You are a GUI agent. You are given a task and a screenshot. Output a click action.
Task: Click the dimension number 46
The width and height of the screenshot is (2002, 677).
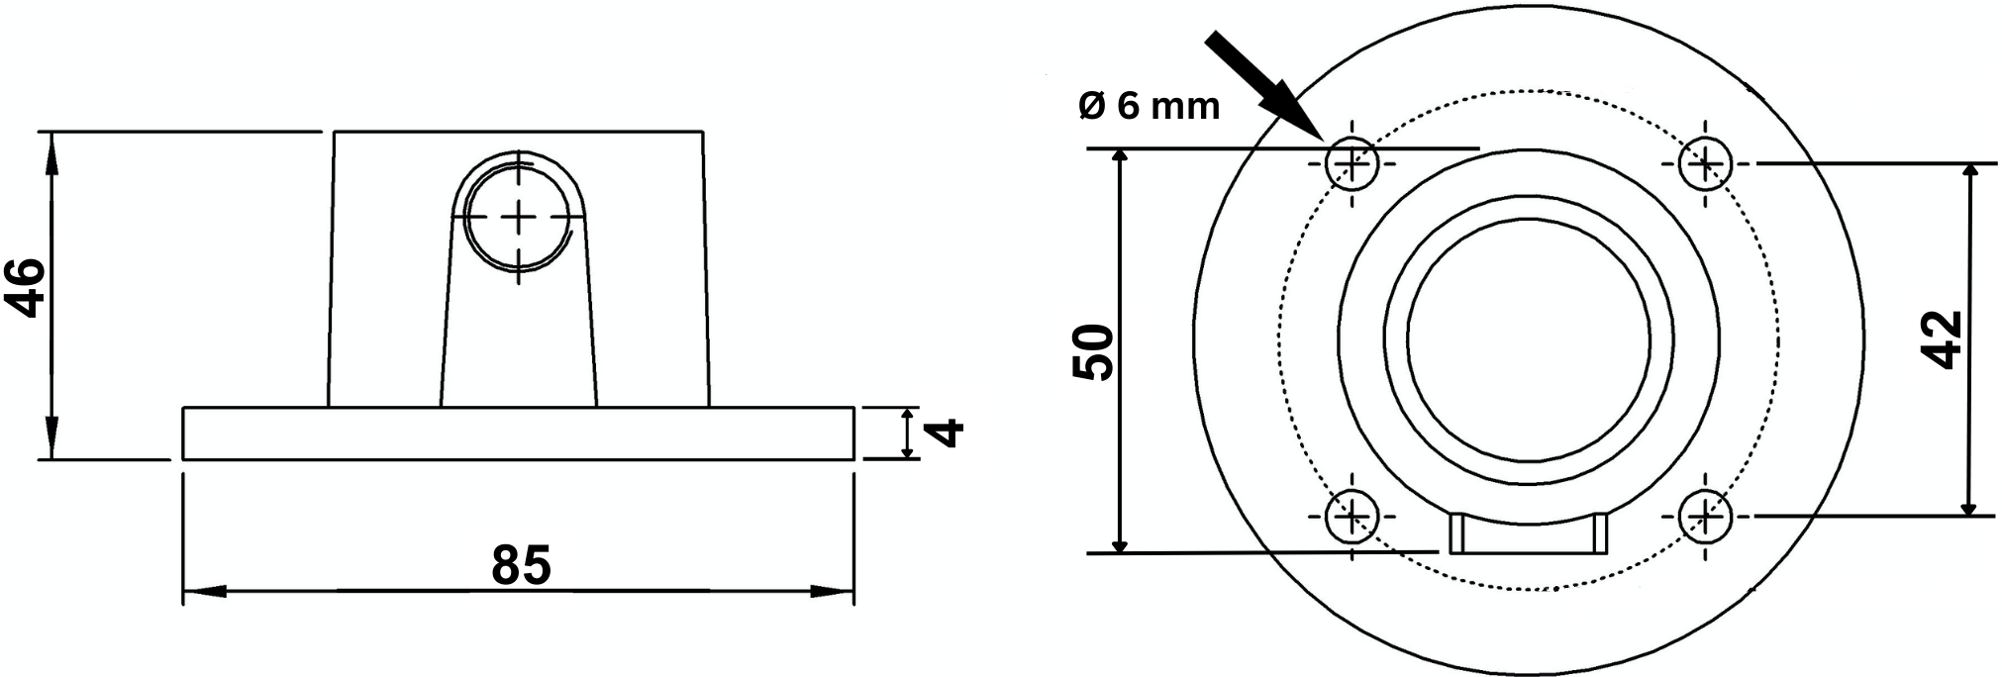(x=28, y=288)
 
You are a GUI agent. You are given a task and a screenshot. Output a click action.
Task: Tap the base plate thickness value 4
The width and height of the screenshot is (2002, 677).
(x=949, y=433)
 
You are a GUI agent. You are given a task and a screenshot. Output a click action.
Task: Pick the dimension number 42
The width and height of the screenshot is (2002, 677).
(x=1947, y=339)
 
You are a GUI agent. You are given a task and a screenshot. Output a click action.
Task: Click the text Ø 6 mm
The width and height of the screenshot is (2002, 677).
(x=1149, y=106)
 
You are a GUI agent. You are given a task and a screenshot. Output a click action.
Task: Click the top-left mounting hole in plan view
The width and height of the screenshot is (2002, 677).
(x=1352, y=163)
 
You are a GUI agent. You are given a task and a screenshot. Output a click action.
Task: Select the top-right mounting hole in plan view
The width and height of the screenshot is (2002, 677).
(x=1706, y=162)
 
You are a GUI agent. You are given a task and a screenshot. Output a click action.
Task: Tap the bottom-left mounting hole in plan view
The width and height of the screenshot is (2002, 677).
(x=1352, y=516)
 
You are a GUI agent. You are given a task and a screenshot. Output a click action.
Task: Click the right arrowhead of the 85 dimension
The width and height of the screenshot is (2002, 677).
(x=837, y=592)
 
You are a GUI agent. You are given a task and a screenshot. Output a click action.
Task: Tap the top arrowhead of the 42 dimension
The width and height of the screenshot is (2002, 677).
(x=1969, y=176)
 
